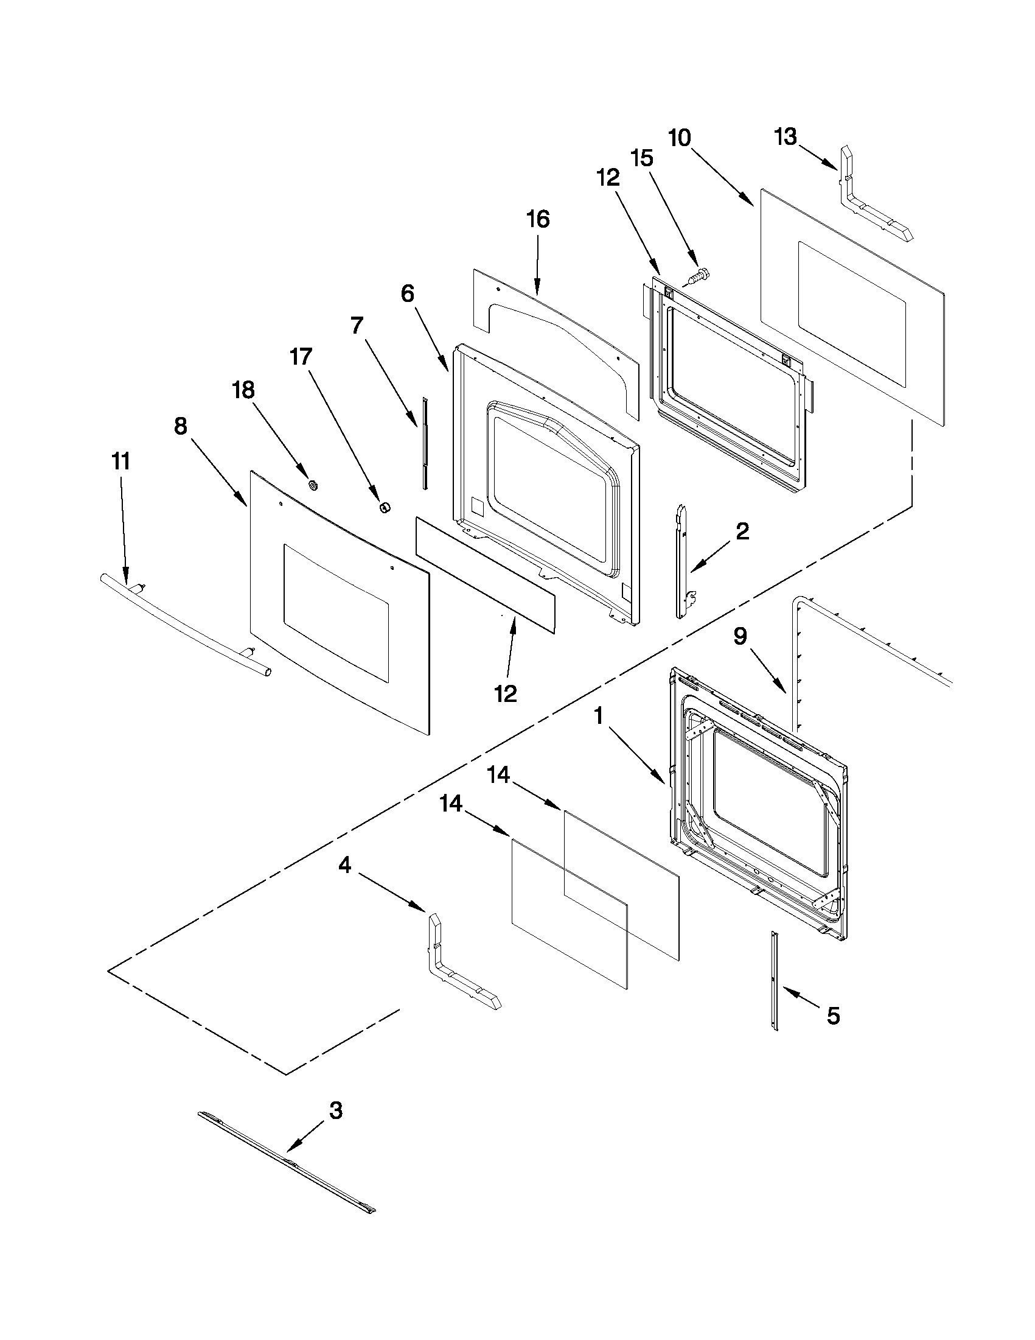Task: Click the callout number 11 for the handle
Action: [x=120, y=461]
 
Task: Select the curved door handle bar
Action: [x=184, y=626]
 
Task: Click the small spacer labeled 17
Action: [x=385, y=507]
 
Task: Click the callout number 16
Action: [x=538, y=219]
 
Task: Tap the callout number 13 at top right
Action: [x=786, y=136]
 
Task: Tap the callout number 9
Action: [x=740, y=637]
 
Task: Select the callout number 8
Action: [x=180, y=426]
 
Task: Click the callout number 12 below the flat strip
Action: [x=506, y=694]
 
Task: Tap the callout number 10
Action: [x=680, y=138]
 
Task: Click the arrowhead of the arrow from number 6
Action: [x=449, y=370]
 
